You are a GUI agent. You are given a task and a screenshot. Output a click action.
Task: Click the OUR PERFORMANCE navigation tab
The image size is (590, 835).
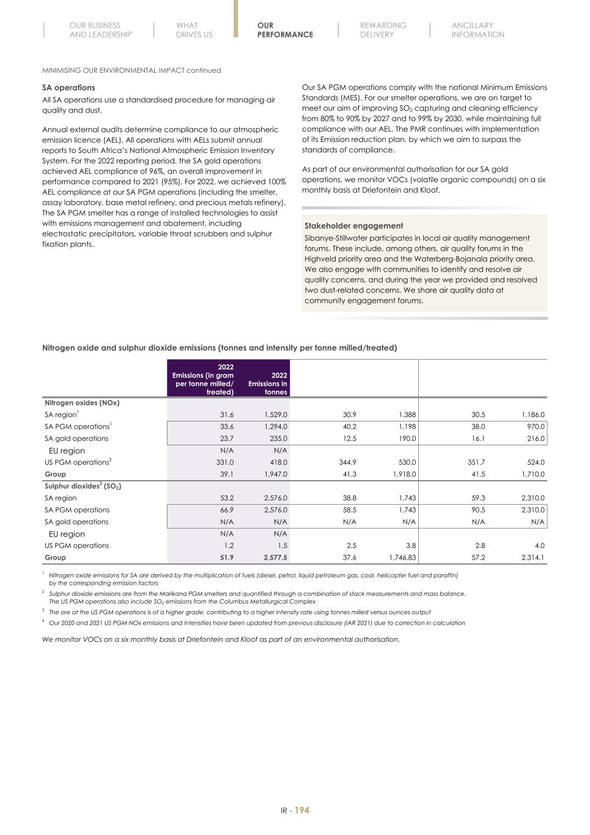point(284,30)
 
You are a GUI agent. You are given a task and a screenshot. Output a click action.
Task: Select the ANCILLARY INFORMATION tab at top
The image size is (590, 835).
point(478,30)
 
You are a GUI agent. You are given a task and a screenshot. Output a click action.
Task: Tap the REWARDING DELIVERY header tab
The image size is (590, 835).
point(383,30)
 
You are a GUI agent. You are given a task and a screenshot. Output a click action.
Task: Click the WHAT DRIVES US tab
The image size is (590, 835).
point(194,30)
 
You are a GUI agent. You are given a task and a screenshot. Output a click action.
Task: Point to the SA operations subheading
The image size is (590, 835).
point(68,87)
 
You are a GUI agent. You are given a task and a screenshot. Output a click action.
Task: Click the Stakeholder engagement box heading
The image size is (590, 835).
point(353,226)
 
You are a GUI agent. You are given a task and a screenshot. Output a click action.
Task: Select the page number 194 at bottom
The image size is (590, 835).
point(302,810)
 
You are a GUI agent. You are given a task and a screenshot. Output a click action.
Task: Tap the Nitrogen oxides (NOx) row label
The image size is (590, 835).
point(82,403)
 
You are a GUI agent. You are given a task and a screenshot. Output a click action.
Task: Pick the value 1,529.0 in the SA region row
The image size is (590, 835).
point(276,415)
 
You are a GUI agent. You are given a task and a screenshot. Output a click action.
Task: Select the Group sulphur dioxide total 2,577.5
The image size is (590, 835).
point(275,558)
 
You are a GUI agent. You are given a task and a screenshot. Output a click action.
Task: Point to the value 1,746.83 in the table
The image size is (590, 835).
point(402,558)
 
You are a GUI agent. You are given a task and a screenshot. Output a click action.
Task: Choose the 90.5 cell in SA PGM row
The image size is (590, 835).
point(477,510)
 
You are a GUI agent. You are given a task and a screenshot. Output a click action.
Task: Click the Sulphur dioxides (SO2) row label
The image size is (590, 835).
point(83,486)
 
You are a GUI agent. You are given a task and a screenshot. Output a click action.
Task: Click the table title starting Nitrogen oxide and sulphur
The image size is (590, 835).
point(219,348)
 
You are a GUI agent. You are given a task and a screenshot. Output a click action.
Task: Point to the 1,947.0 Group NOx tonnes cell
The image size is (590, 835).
point(276,474)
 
